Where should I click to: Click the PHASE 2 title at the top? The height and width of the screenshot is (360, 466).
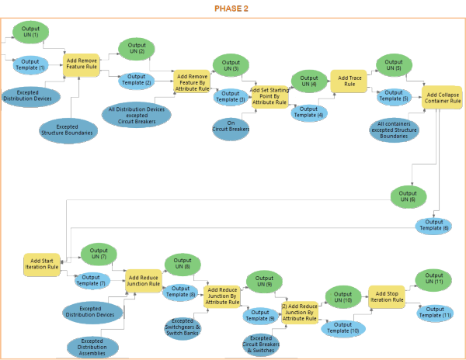tap(231, 9)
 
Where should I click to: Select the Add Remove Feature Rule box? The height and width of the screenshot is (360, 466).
tap(81, 63)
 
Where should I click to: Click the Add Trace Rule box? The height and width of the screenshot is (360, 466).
tap(349, 80)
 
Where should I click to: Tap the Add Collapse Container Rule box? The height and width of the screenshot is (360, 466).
tap(443, 98)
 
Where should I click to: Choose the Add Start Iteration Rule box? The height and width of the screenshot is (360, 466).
tap(42, 265)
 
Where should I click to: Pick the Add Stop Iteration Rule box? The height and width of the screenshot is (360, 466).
tap(386, 296)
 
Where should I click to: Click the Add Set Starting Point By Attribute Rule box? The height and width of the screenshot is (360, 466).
tap(270, 97)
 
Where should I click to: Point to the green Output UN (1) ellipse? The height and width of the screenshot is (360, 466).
tap(30, 33)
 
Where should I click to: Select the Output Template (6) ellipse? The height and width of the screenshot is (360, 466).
tap(436, 225)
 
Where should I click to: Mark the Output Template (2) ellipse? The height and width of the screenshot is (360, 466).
tap(137, 80)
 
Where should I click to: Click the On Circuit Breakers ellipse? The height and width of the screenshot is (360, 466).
tap(231, 127)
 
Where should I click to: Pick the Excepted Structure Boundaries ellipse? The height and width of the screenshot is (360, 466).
tap(68, 130)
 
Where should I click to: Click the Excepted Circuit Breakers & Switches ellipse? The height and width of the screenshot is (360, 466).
tap(261, 344)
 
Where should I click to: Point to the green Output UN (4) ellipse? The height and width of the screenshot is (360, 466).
tap(308, 81)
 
